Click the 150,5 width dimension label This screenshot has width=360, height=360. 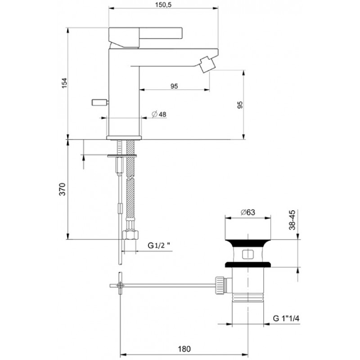click(163, 5)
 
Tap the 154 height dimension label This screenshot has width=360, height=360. click(64, 83)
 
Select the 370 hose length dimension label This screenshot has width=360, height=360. click(63, 189)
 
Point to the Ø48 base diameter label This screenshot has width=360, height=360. click(159, 114)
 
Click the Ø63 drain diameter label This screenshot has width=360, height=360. click(248, 212)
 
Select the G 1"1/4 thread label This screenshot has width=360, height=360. click(286, 319)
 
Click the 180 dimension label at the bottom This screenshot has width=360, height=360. click(184, 349)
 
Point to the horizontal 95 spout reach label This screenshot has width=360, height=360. click(174, 86)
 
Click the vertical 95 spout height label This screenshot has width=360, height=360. click(240, 105)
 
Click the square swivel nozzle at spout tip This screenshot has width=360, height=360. click(206, 64)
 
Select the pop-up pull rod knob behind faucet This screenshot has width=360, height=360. click(100, 103)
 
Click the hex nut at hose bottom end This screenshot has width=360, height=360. click(130, 235)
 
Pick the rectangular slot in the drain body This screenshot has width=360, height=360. click(248, 254)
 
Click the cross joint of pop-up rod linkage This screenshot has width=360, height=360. click(120, 285)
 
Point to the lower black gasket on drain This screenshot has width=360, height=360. click(248, 265)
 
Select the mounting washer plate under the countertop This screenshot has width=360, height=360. click(122, 156)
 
